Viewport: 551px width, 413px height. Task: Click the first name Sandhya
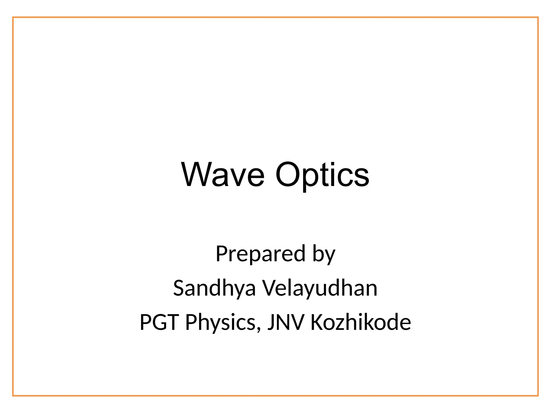tap(214, 288)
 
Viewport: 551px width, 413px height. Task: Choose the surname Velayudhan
tap(320, 288)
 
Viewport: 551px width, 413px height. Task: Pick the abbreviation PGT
tap(159, 322)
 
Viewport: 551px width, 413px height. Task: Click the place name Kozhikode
tap(361, 322)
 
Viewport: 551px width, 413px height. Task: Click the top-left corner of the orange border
tap(13, 17)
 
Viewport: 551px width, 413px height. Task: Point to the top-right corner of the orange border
tap(538, 17)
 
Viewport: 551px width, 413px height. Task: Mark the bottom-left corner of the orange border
tap(13, 396)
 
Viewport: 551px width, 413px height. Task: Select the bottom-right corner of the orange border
tap(538, 396)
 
